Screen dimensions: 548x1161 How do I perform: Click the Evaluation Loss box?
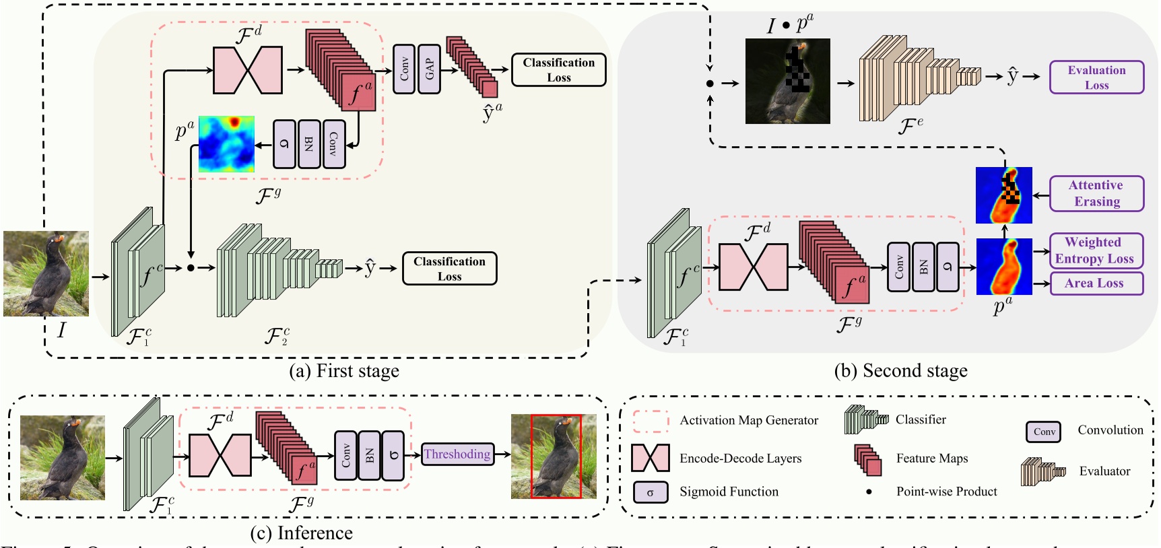pyautogui.click(x=1096, y=77)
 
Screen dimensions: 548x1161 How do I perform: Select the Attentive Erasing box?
pyautogui.click(x=1096, y=193)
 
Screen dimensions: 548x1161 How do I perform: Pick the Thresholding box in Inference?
pyautogui.click(x=457, y=454)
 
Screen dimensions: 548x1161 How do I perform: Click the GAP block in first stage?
pyautogui.click(x=430, y=69)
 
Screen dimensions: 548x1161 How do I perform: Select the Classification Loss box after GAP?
pyautogui.click(x=558, y=70)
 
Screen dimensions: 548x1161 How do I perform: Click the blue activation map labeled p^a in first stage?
pyautogui.click(x=226, y=143)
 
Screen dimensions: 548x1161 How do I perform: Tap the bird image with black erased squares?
pyautogui.click(x=787, y=81)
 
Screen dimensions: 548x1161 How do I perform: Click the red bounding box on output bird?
pyautogui.click(x=556, y=456)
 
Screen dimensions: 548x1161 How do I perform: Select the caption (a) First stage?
pyautogui.click(x=344, y=371)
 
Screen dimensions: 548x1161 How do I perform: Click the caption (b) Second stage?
pyautogui.click(x=900, y=371)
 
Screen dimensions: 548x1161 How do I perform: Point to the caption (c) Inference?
pyautogui.click(x=301, y=533)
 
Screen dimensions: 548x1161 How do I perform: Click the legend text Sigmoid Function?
pyautogui.click(x=729, y=492)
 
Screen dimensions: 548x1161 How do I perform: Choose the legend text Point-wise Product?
pyautogui.click(x=946, y=492)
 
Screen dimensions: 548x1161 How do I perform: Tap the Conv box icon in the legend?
pyautogui.click(x=1043, y=432)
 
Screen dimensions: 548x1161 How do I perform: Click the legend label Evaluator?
pyautogui.click(x=1104, y=471)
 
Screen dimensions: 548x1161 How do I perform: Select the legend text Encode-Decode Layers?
pyautogui.click(x=740, y=458)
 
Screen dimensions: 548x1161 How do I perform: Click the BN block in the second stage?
pyautogui.click(x=923, y=267)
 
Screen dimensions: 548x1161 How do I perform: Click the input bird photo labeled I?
pyautogui.click(x=46, y=273)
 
